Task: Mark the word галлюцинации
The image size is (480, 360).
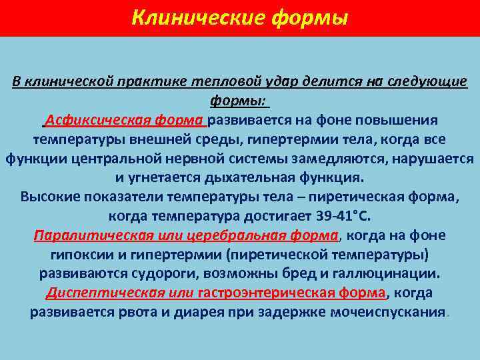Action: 379,274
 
